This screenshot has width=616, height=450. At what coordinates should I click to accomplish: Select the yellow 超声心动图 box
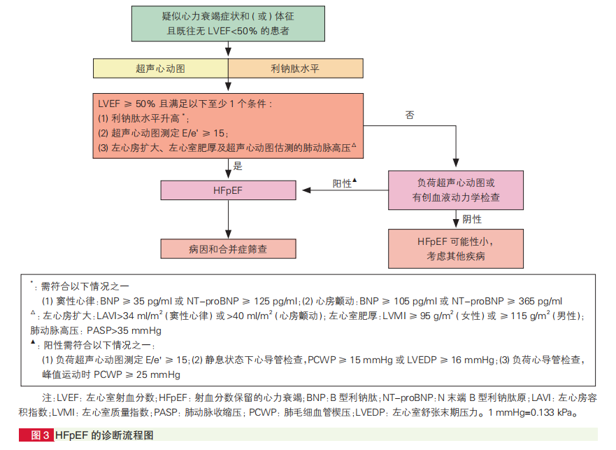(x=161, y=69)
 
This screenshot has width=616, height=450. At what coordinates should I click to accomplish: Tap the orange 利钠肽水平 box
(x=295, y=69)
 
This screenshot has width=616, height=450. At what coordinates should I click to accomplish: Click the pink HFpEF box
(x=229, y=190)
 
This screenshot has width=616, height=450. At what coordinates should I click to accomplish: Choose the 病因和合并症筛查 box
(x=229, y=248)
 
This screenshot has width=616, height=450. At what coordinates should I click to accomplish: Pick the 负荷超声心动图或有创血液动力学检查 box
(x=456, y=190)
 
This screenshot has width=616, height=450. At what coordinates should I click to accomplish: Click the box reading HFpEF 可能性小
(x=456, y=248)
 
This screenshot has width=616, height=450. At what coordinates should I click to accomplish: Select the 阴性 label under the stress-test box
(x=472, y=219)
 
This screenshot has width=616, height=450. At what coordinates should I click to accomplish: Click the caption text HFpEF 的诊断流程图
(x=103, y=435)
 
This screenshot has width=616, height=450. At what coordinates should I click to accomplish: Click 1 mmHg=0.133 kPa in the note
(x=529, y=412)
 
